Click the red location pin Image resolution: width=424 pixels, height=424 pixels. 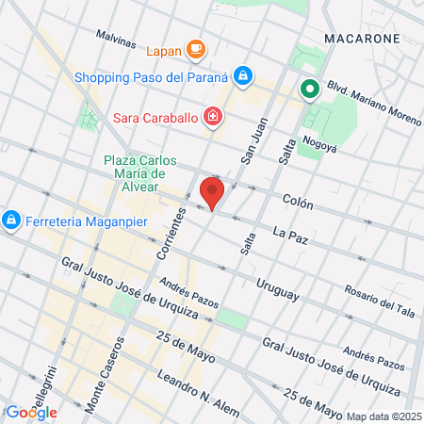(x=212, y=192)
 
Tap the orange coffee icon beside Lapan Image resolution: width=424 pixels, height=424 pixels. (x=196, y=47)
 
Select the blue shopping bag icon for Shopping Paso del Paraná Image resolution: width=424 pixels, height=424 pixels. (x=243, y=74)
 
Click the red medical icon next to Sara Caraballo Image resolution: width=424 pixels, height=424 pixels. (x=214, y=117)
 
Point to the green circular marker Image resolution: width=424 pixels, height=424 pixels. (x=309, y=90)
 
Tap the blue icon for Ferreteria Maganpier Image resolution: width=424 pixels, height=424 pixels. (x=10, y=220)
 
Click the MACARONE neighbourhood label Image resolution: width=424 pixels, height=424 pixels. (x=361, y=38)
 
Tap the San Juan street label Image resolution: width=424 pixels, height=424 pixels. (x=252, y=141)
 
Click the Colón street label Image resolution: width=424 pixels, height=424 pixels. (x=297, y=201)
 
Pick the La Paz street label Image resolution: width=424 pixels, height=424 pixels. (x=290, y=232)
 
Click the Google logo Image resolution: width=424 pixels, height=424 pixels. (x=30, y=412)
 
